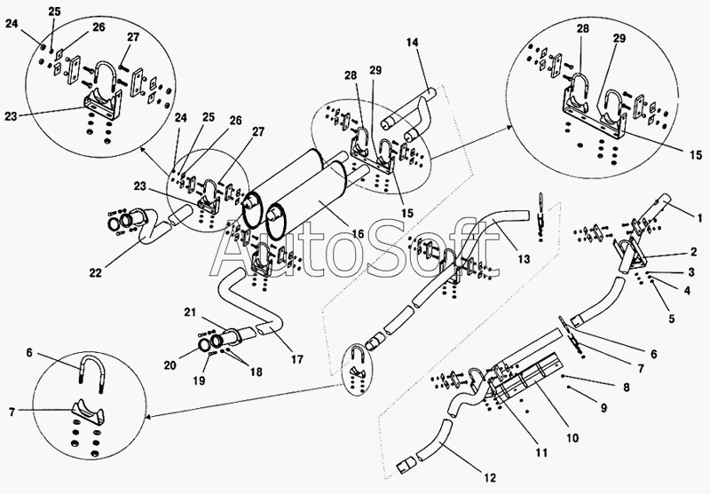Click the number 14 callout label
click(412, 43)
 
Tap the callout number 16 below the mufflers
click(358, 234)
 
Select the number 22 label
click(96, 273)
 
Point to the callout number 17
click(297, 360)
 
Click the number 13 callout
click(524, 259)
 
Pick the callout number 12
click(490, 478)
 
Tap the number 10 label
click(572, 438)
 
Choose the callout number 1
click(700, 219)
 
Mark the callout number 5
click(671, 319)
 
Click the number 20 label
click(170, 365)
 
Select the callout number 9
click(603, 408)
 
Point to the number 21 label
click(190, 312)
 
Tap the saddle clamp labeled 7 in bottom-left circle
click(88, 410)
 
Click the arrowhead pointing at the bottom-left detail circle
click(148, 416)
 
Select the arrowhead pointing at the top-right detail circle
click(507, 129)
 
